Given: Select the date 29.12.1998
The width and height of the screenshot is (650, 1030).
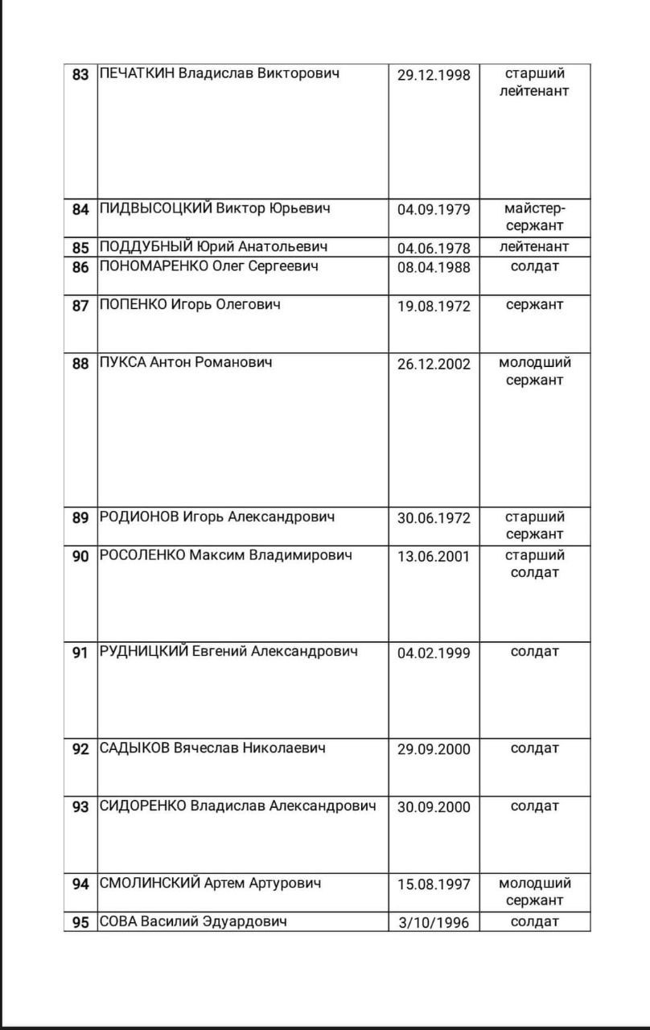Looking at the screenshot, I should (x=434, y=75).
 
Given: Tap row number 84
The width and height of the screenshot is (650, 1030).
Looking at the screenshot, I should (x=80, y=209).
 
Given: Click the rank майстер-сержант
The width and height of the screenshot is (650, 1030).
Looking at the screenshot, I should (x=535, y=217).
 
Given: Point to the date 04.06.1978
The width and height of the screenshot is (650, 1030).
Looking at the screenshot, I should (x=434, y=248).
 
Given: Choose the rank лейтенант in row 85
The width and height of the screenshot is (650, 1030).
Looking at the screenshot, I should (x=535, y=247).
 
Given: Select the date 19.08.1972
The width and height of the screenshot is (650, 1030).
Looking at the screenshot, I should (x=434, y=306).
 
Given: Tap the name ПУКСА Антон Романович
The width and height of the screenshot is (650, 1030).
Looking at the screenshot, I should (x=185, y=362).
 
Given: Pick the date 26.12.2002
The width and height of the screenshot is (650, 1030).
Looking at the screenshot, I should (x=434, y=364).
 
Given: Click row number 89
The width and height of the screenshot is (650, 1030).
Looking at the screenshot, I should (x=80, y=517).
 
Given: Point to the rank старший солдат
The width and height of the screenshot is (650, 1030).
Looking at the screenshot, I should (x=535, y=563).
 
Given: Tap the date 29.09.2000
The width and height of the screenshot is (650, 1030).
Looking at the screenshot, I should (x=434, y=750).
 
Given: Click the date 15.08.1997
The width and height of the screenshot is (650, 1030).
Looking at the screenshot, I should (x=434, y=884).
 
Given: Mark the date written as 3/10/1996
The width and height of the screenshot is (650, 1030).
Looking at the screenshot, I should (x=434, y=923).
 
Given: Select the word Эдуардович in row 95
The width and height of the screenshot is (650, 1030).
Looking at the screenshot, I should (x=245, y=921).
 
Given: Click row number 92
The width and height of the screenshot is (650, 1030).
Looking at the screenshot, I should (x=80, y=749).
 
